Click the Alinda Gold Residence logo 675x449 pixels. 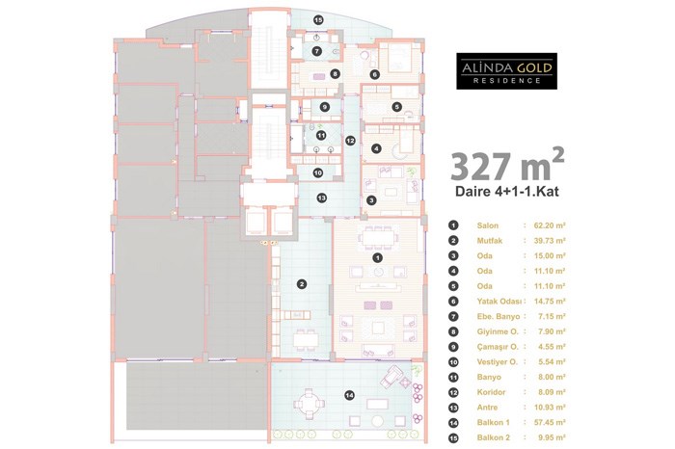[x=506, y=71]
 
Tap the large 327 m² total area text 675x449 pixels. [x=507, y=166]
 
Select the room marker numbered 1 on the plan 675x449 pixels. [x=378, y=258]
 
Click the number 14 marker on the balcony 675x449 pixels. [x=350, y=395]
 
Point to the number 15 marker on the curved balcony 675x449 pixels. [x=318, y=20]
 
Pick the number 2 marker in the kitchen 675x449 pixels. [x=302, y=284]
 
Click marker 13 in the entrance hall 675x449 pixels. [x=321, y=198]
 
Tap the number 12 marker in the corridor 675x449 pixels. [x=350, y=141]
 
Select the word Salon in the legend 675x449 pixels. [x=488, y=225]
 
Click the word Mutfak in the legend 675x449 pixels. [x=490, y=241]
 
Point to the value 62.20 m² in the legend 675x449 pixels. [x=550, y=224]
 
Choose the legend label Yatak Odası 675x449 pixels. [x=499, y=302]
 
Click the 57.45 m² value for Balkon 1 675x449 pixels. [x=550, y=422]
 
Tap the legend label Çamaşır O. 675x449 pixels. [x=498, y=347]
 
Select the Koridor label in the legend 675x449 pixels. [x=491, y=392]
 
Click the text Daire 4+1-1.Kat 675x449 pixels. [x=507, y=191]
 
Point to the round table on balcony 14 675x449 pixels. [x=309, y=404]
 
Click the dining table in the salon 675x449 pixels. [x=378, y=238]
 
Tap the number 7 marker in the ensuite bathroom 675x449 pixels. [x=317, y=52]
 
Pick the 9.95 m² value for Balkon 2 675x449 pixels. [x=552, y=437]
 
